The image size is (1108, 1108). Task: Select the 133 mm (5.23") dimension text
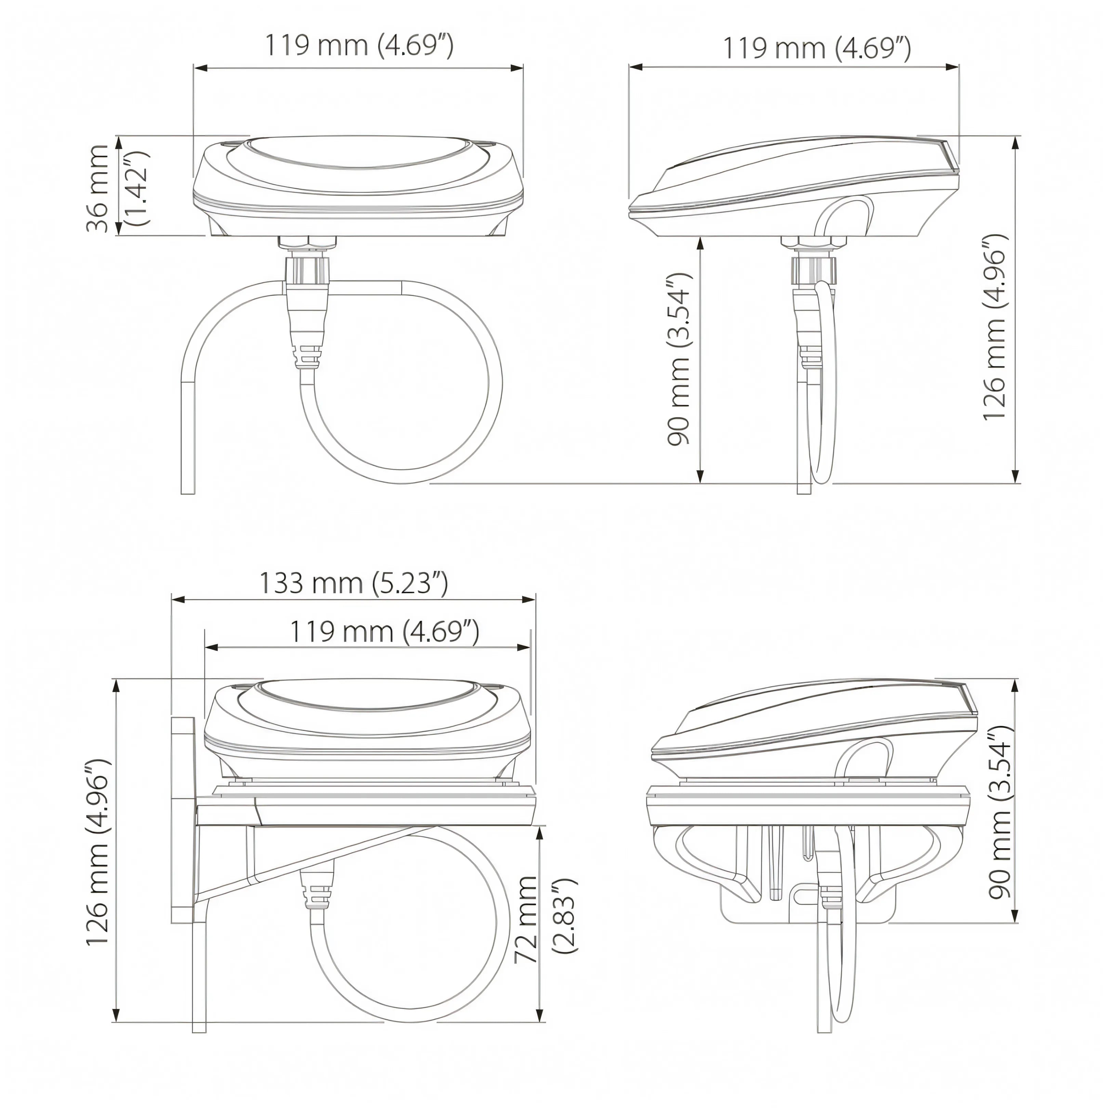354,583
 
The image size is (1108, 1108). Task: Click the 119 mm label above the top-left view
359,46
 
